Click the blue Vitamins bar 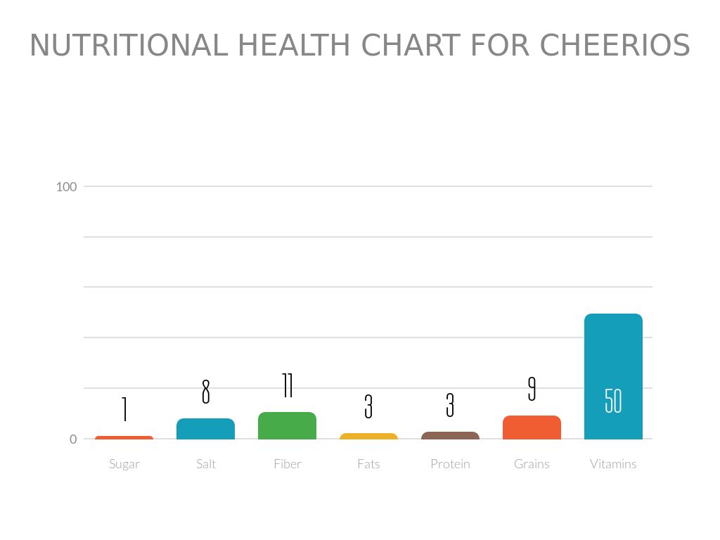(x=613, y=352)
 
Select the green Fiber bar (x=287, y=425)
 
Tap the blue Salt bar (x=205, y=429)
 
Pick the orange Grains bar (x=532, y=427)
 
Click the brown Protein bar (x=450, y=436)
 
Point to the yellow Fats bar (x=368, y=437)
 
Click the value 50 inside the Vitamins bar (x=613, y=401)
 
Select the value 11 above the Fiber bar (x=287, y=385)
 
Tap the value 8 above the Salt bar (x=205, y=392)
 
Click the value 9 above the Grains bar (x=532, y=389)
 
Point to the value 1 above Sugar (x=124, y=409)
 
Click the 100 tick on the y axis (x=66, y=186)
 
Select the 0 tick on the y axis (x=73, y=439)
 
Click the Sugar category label (x=124, y=464)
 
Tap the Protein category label (x=450, y=464)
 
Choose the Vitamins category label (x=613, y=464)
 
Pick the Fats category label (x=368, y=464)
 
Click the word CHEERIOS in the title (x=615, y=46)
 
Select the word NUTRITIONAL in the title (x=129, y=46)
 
